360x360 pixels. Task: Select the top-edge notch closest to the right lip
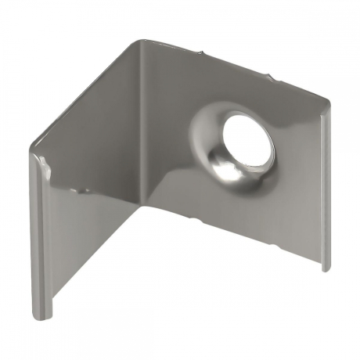tap(272, 78)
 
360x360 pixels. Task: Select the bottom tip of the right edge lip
tap(323, 270)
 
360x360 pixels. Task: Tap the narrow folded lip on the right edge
tap(323, 188)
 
